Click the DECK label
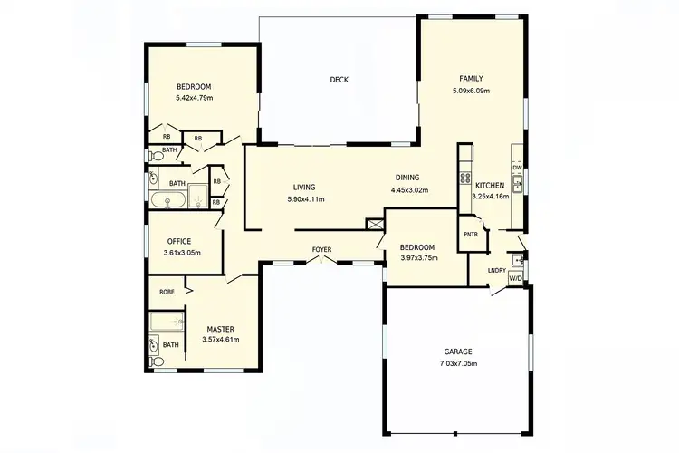339,80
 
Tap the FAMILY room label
471,79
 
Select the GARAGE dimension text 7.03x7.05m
458,363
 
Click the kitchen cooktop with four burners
465,166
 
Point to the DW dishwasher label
517,168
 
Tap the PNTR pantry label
471,234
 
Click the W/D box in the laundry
515,278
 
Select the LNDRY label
496,269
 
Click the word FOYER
322,249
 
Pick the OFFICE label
178,241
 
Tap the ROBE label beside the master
167,292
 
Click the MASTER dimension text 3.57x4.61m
221,339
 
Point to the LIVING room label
304,188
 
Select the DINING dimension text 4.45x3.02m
409,190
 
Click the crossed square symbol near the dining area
375,224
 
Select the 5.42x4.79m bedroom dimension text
194,98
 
